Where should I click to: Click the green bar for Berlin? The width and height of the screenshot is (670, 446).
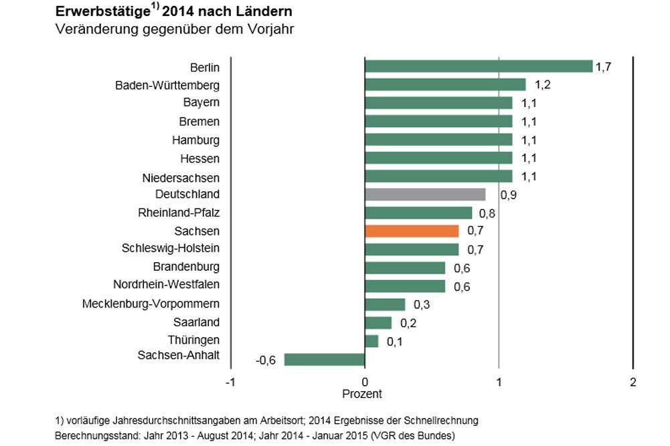point(478,66)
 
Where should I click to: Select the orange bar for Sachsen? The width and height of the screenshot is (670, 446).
point(412,231)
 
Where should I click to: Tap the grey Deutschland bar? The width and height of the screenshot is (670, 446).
point(425,195)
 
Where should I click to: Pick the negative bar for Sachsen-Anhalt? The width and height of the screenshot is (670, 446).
point(325,360)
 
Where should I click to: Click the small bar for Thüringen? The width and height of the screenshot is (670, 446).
point(371,341)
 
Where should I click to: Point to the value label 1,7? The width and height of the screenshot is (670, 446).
point(603,67)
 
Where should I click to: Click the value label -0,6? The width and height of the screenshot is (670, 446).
point(266,360)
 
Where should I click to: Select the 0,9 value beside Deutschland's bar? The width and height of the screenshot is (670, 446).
point(509,195)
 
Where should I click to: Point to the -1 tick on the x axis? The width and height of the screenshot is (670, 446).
point(230,382)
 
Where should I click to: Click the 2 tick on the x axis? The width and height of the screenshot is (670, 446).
point(633,382)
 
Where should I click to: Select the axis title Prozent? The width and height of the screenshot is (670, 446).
point(362,394)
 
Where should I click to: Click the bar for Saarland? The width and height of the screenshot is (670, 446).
point(378,323)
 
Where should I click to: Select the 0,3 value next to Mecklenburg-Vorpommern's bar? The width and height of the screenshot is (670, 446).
point(422,305)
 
